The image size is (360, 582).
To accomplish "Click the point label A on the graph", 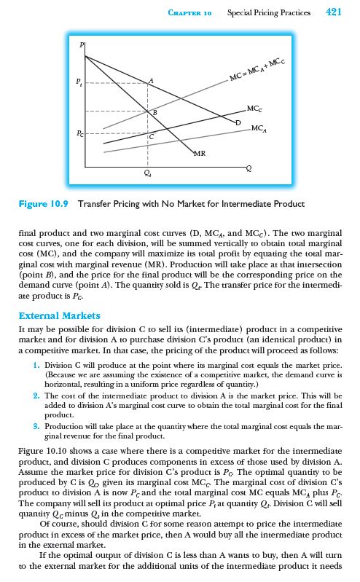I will [151, 79].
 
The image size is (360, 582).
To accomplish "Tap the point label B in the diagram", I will [153, 113].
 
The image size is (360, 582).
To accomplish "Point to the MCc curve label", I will [255, 109].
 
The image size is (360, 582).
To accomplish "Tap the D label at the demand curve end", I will [238, 123].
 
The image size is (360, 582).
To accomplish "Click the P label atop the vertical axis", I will [82, 46].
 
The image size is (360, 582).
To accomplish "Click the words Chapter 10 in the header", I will [189, 12].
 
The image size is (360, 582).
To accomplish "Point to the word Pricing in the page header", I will [265, 12].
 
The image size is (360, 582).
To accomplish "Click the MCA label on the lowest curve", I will [259, 128].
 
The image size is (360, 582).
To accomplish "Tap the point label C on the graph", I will [152, 136].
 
